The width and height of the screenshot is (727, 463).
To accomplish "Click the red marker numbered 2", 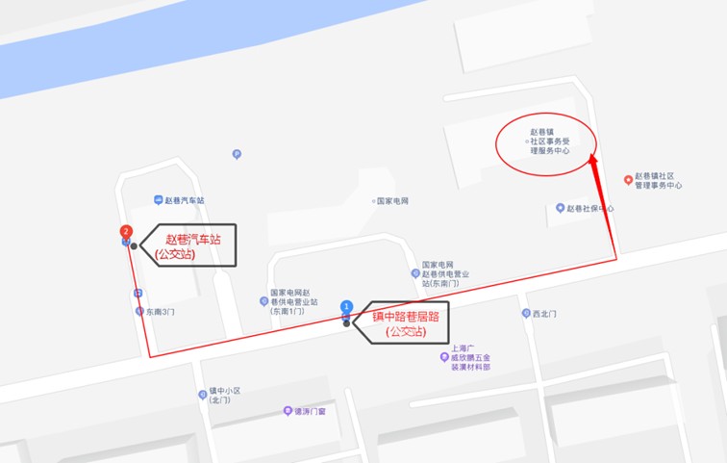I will tap(125, 231).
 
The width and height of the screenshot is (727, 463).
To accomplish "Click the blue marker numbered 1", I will tap(347, 306).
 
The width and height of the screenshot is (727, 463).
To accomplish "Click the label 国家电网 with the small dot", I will tap(392, 201).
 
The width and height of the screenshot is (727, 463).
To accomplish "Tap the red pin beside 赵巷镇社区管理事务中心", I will tap(628, 179).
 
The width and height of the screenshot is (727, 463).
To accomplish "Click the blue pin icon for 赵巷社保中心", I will tap(560, 208).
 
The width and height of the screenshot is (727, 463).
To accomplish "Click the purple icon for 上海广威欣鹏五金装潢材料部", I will tap(444, 357).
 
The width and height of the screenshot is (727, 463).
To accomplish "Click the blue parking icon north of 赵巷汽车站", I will tap(237, 154).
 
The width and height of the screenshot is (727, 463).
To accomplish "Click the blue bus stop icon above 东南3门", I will tap(138, 293).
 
